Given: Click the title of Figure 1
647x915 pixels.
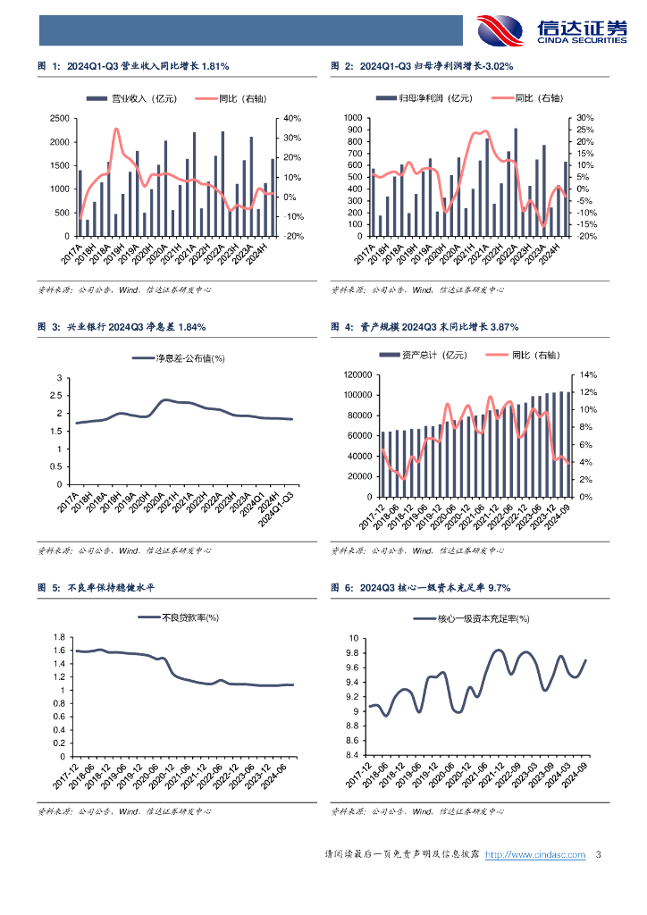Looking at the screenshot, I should [133, 66].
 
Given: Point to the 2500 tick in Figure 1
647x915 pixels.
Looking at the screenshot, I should [59, 118].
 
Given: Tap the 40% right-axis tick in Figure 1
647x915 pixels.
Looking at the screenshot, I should [292, 118].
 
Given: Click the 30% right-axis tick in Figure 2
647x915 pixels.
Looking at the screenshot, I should [585, 118].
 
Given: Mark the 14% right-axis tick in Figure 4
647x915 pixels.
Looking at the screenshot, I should [585, 376].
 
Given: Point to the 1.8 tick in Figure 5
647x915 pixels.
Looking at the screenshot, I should [61, 637].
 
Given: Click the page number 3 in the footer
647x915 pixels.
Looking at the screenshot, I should [599, 854].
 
